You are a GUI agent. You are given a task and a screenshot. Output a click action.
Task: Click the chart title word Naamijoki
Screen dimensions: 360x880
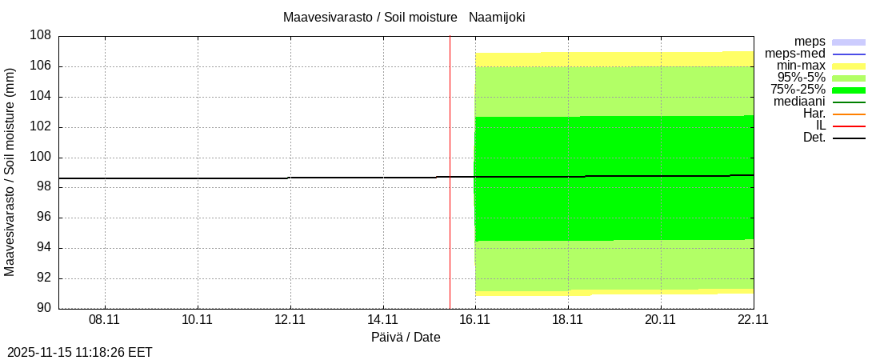pyautogui.click(x=497, y=17)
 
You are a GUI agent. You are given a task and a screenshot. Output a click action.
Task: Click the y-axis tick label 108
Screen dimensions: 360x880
pyautogui.click(x=41, y=36)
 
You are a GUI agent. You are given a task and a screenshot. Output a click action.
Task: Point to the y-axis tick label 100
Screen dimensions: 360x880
pyautogui.click(x=41, y=158)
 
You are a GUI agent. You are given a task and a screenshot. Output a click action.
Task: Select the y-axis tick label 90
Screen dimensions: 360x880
pyautogui.click(x=44, y=309)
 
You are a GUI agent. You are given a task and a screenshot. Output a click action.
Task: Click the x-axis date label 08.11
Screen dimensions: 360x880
pyautogui.click(x=104, y=320)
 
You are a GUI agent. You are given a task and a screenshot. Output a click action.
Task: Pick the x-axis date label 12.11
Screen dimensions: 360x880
pyautogui.click(x=290, y=320)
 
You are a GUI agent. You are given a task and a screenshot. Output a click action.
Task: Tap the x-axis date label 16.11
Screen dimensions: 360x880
pyautogui.click(x=475, y=320)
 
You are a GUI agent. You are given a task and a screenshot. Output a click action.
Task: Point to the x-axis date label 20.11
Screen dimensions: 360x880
pyautogui.click(x=661, y=320)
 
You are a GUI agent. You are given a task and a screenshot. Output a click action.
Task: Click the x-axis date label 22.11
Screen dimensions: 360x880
pyautogui.click(x=754, y=320)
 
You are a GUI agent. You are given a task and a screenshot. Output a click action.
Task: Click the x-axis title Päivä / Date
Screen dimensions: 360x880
pyautogui.click(x=406, y=338)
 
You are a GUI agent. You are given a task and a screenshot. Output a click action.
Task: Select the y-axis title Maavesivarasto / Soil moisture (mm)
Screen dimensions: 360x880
pyautogui.click(x=10, y=172)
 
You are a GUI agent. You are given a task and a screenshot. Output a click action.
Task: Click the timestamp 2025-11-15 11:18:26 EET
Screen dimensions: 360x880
pyautogui.click(x=80, y=352)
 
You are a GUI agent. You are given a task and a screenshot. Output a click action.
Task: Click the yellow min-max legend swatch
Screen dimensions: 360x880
pyautogui.click(x=849, y=66)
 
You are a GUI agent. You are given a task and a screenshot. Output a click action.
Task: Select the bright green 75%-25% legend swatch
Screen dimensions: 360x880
pyautogui.click(x=849, y=90)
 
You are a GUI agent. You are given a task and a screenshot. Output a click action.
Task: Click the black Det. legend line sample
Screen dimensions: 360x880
pyautogui.click(x=849, y=138)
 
